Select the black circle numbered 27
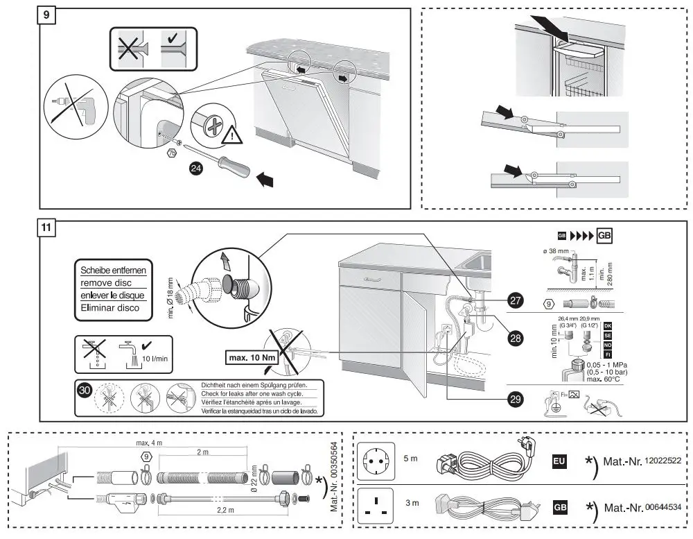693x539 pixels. click(515, 300)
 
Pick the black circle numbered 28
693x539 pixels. click(515, 338)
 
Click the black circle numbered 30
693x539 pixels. click(85, 390)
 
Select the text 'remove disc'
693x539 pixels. click(112, 283)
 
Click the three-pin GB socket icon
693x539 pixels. click(375, 508)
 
